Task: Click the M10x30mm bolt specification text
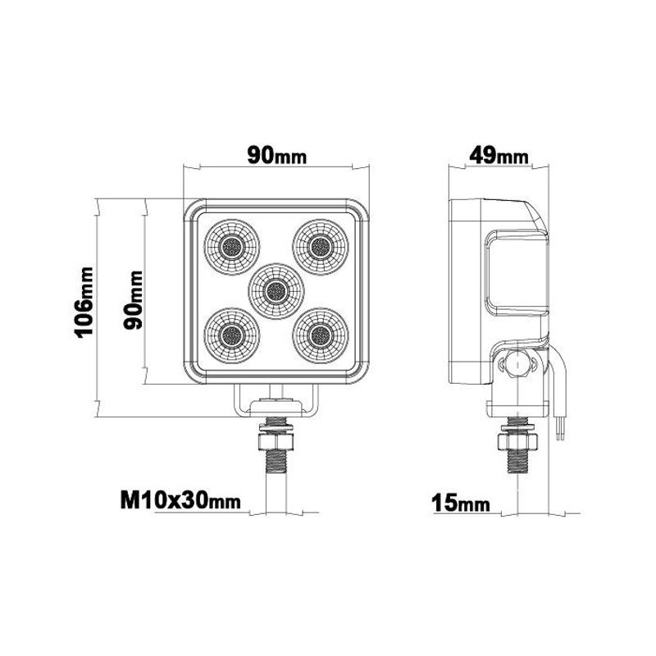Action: point(180,500)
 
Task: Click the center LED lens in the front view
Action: point(274,289)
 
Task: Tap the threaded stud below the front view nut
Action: point(276,471)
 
